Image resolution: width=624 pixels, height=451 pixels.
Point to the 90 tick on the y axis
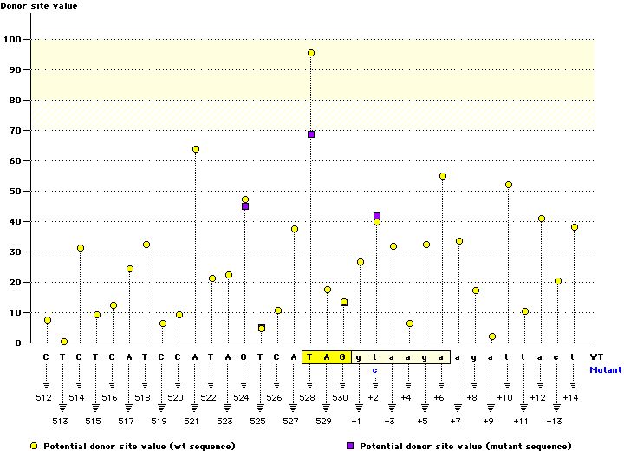click(x=14, y=69)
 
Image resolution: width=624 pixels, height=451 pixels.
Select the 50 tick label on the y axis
click(x=14, y=191)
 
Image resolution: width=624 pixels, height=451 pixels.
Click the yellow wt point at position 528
click(x=311, y=53)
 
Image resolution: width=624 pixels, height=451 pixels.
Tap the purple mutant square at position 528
click(x=311, y=134)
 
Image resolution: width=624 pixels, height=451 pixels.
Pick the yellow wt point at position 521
click(x=196, y=149)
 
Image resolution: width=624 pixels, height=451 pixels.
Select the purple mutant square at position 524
click(x=245, y=206)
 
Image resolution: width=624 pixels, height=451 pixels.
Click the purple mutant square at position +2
click(x=377, y=216)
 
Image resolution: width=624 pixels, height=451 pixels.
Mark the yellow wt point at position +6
click(x=443, y=176)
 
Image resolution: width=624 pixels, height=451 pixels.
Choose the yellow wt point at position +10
click(x=509, y=185)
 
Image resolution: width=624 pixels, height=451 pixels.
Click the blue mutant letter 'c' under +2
click(x=376, y=370)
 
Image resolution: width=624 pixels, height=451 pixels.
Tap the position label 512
click(x=47, y=398)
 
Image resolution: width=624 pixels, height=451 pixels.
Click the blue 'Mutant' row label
click(x=604, y=369)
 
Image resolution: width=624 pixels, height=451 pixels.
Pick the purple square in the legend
click(x=350, y=446)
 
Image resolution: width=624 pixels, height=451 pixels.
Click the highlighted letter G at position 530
click(x=343, y=356)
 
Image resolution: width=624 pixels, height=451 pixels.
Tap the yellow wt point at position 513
click(x=64, y=342)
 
